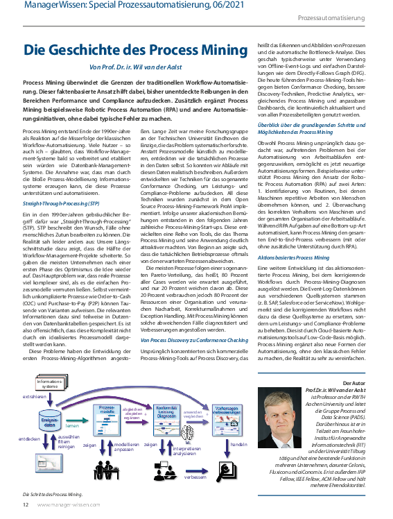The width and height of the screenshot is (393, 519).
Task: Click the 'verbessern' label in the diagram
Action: tap(197, 477)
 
